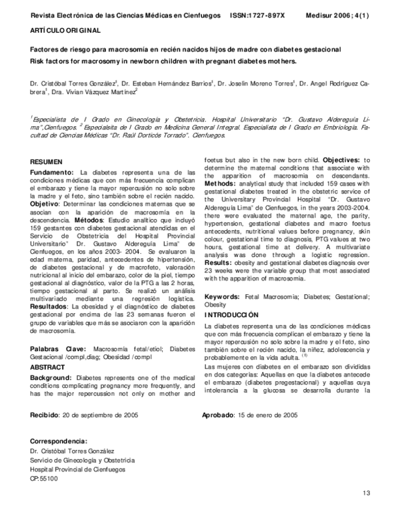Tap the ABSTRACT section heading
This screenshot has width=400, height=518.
tap(49, 367)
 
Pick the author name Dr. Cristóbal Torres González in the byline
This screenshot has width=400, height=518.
tap(74, 84)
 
